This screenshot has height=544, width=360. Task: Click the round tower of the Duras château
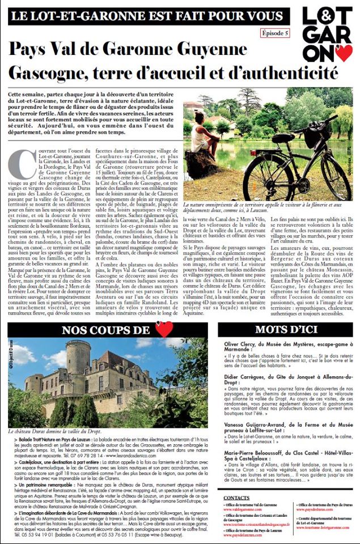pyautogui.click(x=78, y=363)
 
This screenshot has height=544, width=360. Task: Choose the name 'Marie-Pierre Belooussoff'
pyautogui.click(x=259, y=453)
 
